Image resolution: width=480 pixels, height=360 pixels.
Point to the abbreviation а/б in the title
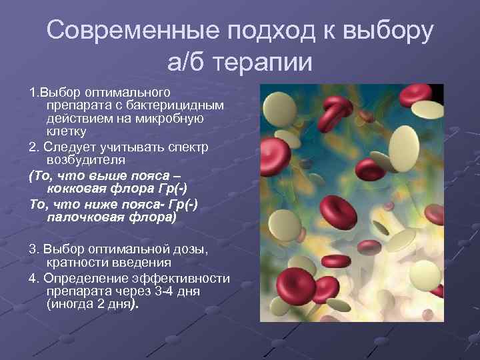[x=187, y=63]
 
